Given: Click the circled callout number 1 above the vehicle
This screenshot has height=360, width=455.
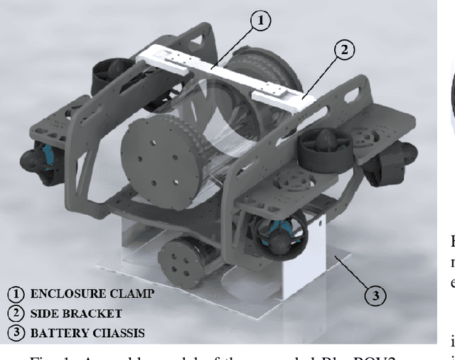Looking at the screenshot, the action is point(261,21).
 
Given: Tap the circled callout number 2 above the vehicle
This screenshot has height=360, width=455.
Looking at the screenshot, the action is point(343,49).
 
